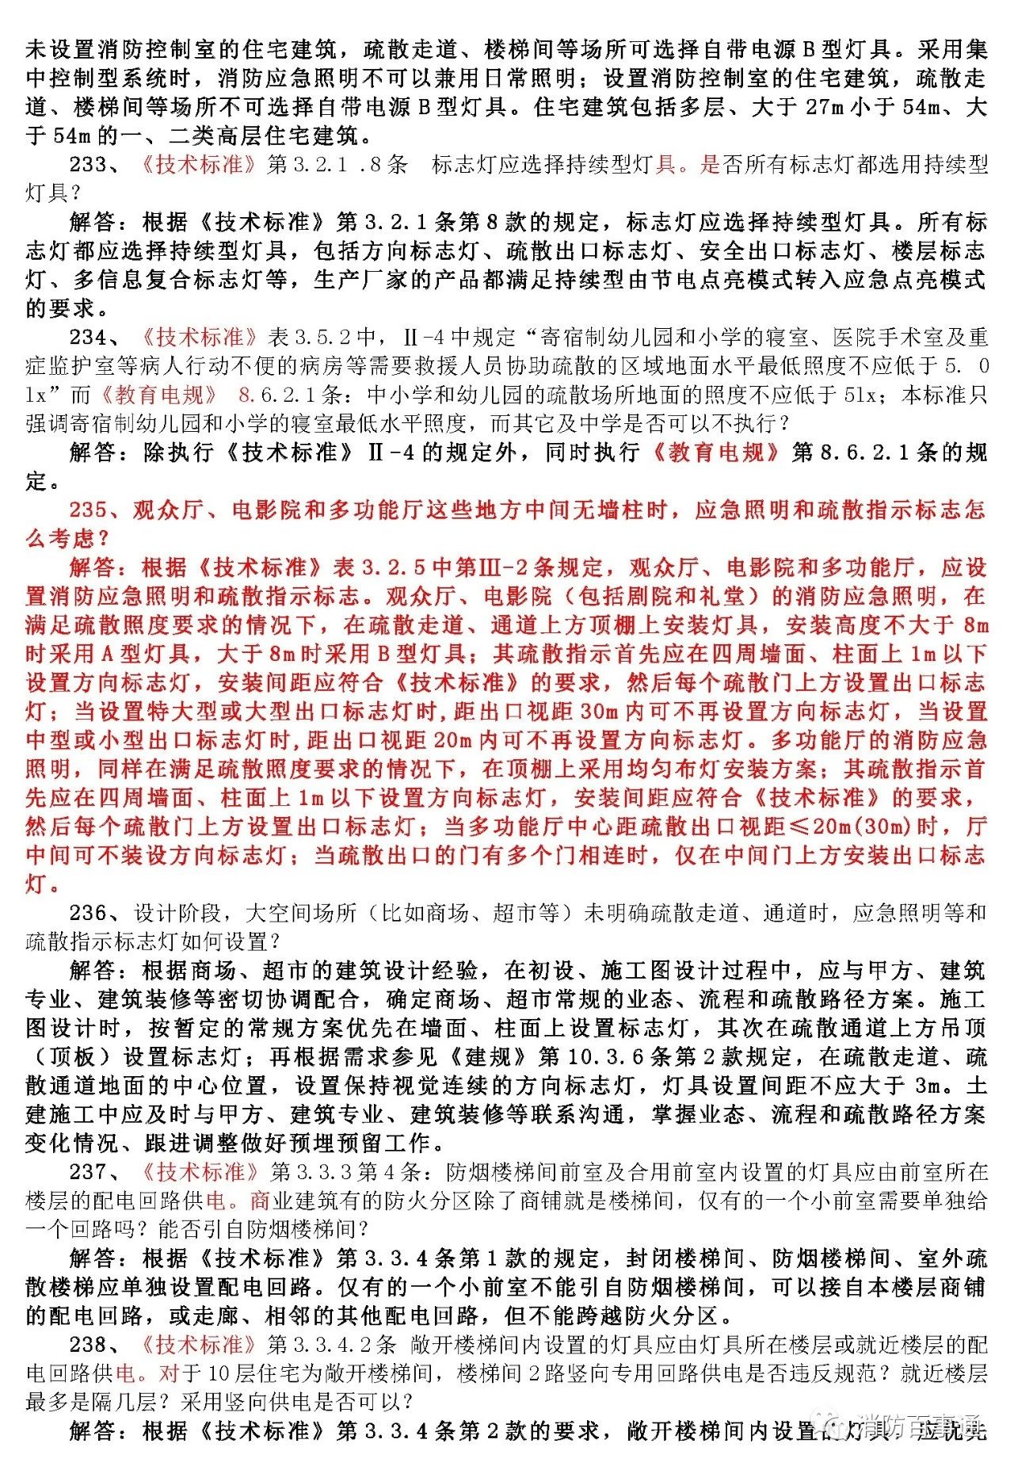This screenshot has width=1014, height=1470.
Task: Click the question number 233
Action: click(87, 165)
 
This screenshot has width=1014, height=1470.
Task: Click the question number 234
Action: click(87, 338)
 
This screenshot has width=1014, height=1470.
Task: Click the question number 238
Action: click(87, 1345)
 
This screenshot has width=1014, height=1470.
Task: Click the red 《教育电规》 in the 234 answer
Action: click(717, 452)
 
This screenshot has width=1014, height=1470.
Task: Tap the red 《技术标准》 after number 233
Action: click(198, 165)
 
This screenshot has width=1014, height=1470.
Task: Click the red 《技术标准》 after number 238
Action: click(198, 1345)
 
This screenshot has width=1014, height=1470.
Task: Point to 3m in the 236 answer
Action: click(927, 1086)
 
